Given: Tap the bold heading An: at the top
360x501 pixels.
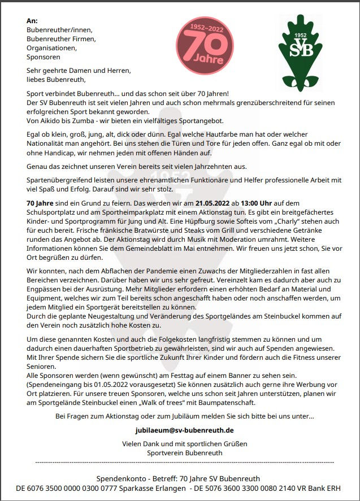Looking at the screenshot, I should [x=32, y=21].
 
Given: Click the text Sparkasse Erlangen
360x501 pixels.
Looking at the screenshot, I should [x=150, y=487].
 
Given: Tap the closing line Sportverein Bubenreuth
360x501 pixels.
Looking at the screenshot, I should [x=185, y=453].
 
